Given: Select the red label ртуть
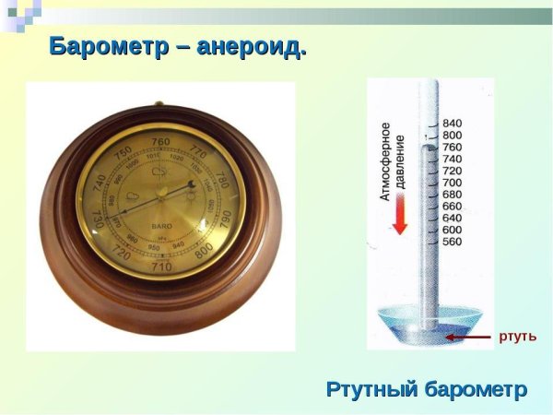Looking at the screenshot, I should [x=517, y=336].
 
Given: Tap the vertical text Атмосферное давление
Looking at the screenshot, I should [x=394, y=161].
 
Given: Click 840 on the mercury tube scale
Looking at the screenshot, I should [x=452, y=124].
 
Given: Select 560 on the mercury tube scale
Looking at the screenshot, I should [x=452, y=242].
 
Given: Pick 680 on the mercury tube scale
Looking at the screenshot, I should [x=452, y=195].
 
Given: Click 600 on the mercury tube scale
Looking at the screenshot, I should [x=452, y=230].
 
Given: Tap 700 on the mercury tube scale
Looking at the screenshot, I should [x=452, y=183].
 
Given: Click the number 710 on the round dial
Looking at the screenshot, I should [x=162, y=267].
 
